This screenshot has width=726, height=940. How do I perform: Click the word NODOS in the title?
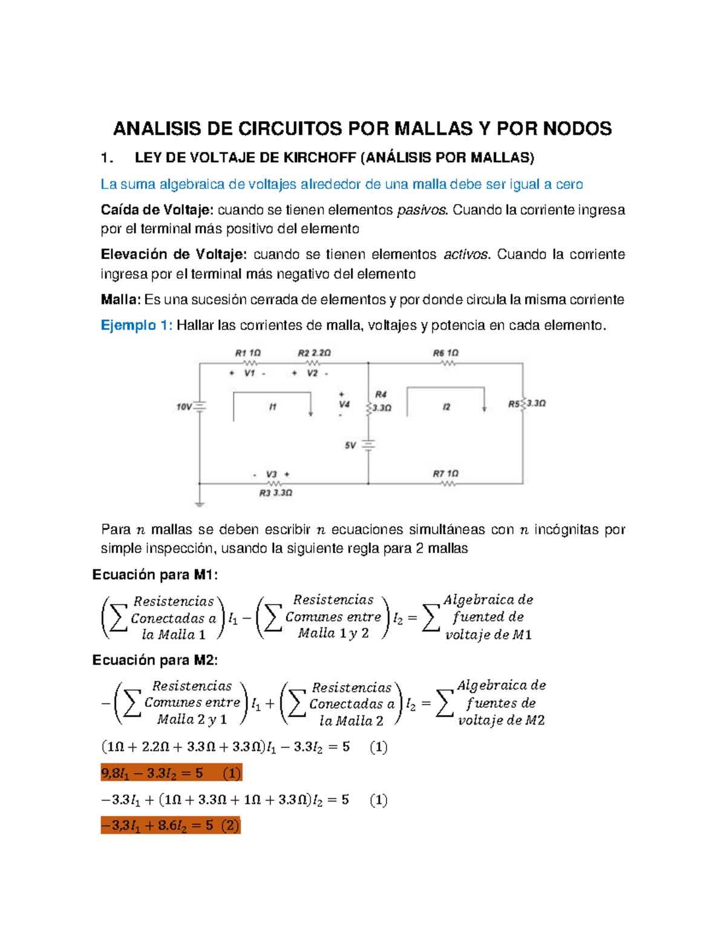[x=577, y=128]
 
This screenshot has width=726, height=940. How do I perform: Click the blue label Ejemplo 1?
[x=136, y=326]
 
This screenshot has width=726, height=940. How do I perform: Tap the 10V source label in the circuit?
[x=184, y=407]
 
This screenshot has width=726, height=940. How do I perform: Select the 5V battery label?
[x=350, y=445]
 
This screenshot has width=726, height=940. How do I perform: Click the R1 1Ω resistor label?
[x=247, y=353]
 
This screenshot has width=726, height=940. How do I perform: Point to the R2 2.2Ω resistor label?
[x=314, y=353]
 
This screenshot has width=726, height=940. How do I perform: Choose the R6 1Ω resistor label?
[x=445, y=353]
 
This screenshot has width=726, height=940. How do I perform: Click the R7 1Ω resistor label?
[x=445, y=474]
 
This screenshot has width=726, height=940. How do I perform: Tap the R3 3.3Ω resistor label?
[x=275, y=493]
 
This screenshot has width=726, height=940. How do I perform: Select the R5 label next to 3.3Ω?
[x=514, y=404]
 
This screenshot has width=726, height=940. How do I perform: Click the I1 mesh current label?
[x=273, y=407]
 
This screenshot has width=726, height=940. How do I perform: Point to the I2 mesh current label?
[x=446, y=407]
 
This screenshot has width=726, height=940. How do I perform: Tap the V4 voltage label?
[x=344, y=404]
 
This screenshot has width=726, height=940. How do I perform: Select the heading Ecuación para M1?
[x=155, y=575]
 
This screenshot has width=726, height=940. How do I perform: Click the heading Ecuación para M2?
[x=155, y=660]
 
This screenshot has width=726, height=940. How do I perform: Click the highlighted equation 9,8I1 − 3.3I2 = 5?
[x=171, y=774]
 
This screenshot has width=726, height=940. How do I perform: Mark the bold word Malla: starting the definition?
[x=120, y=300]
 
